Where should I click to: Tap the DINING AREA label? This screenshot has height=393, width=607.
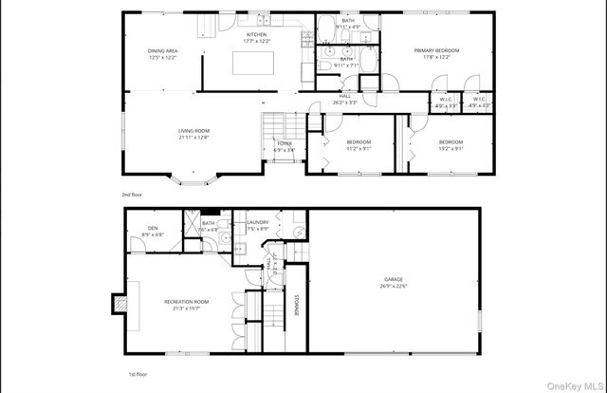tap(162, 50)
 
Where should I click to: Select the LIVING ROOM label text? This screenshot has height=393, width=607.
tap(193, 130)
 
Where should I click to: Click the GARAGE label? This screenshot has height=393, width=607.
tap(394, 279)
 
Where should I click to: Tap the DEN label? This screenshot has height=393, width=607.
tap(152, 228)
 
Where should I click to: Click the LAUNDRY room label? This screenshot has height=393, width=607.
tap(258, 223)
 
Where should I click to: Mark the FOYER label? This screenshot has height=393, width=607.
tap(284, 143)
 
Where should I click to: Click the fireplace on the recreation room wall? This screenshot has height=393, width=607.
tap(120, 304)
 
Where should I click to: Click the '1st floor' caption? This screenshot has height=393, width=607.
tap(138, 375)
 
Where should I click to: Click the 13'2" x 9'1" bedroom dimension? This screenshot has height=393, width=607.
tap(450, 148)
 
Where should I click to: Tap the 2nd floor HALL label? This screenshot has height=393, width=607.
tap(345, 96)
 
